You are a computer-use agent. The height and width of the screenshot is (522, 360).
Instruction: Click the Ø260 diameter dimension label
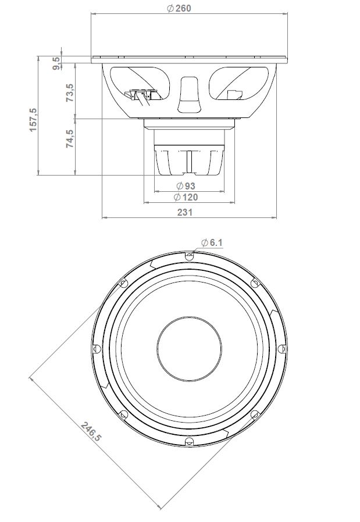[179, 8]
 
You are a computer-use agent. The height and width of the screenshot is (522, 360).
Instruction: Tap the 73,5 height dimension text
[70, 94]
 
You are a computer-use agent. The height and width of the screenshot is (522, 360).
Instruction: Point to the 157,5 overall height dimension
[33, 119]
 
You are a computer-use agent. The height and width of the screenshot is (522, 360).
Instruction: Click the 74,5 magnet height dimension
[70, 140]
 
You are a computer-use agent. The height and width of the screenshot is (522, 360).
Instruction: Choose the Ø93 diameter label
[186, 185]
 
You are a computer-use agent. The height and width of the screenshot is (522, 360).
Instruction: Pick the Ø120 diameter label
[186, 198]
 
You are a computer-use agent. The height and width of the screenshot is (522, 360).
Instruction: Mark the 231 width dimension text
[184, 213]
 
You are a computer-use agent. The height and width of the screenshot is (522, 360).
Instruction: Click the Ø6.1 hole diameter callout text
[212, 243]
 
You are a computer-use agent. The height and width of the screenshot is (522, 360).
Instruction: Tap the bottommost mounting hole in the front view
[188, 442]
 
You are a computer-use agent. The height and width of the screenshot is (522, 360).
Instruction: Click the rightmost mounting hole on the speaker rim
[282, 348]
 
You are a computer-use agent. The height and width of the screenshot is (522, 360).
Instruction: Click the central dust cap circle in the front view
[188, 348]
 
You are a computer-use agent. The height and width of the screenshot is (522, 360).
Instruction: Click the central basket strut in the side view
[189, 93]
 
